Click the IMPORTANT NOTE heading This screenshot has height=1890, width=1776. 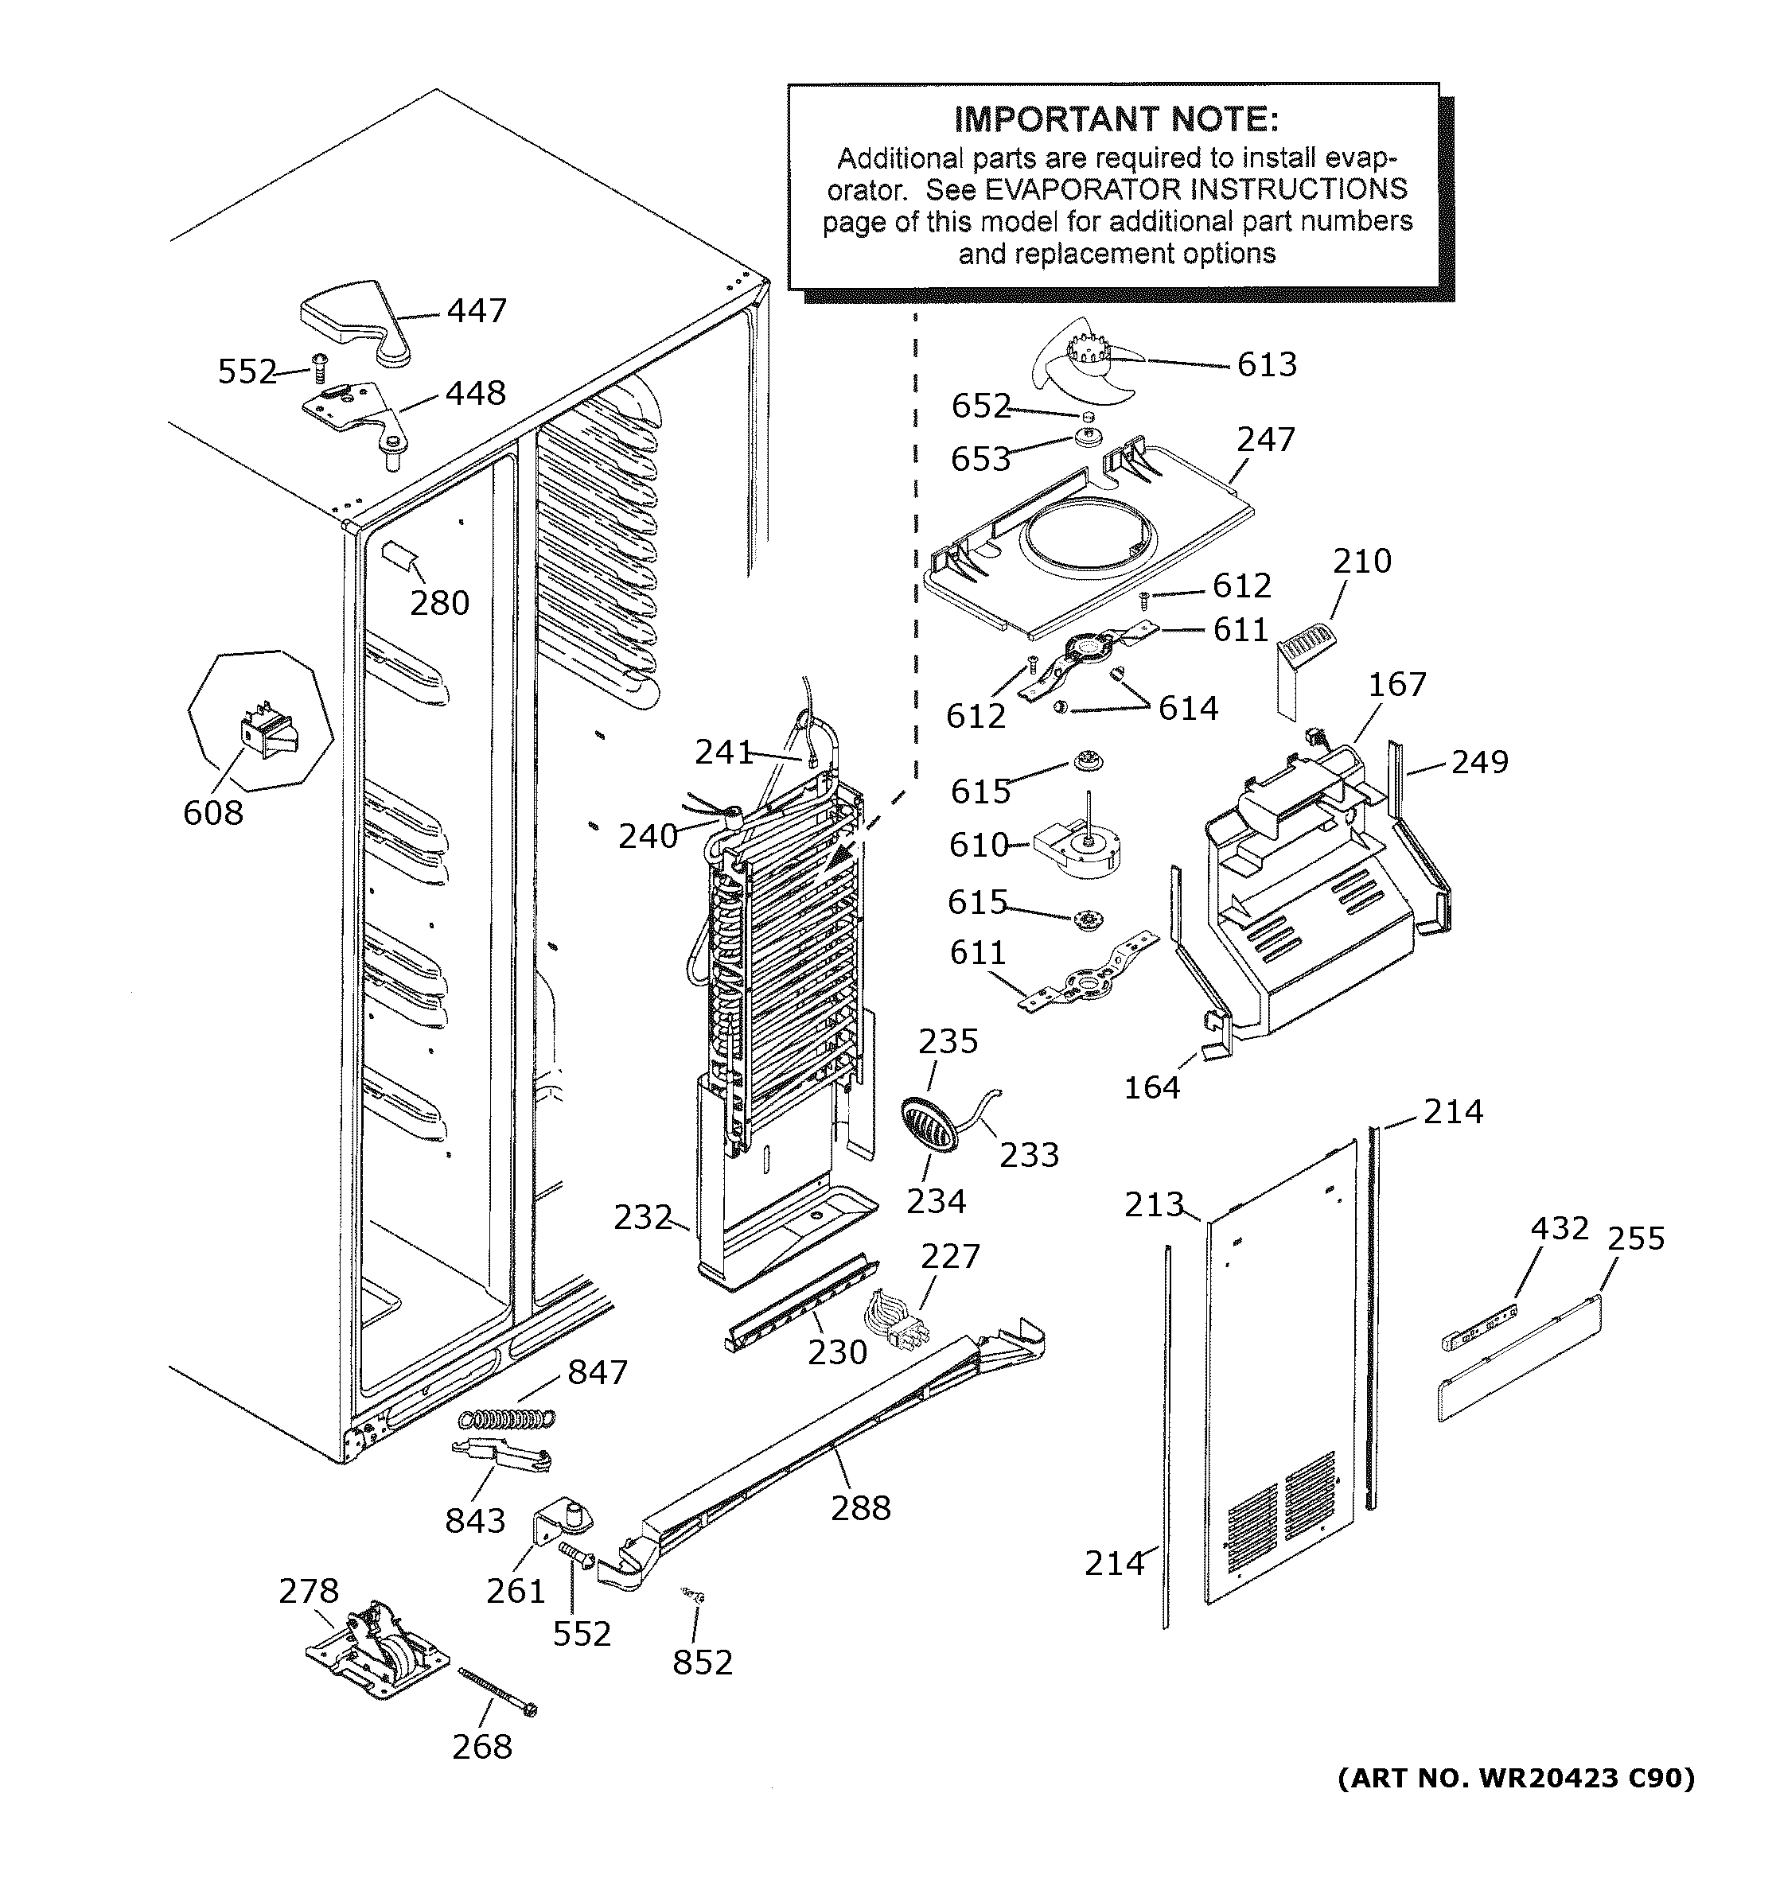coord(1116,120)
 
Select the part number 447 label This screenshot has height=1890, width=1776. coord(477,311)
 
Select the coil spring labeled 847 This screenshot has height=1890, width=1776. coord(506,1417)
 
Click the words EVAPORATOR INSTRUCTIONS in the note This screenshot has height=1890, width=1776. coord(1195,189)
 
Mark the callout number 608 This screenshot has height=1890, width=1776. coord(213,813)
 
